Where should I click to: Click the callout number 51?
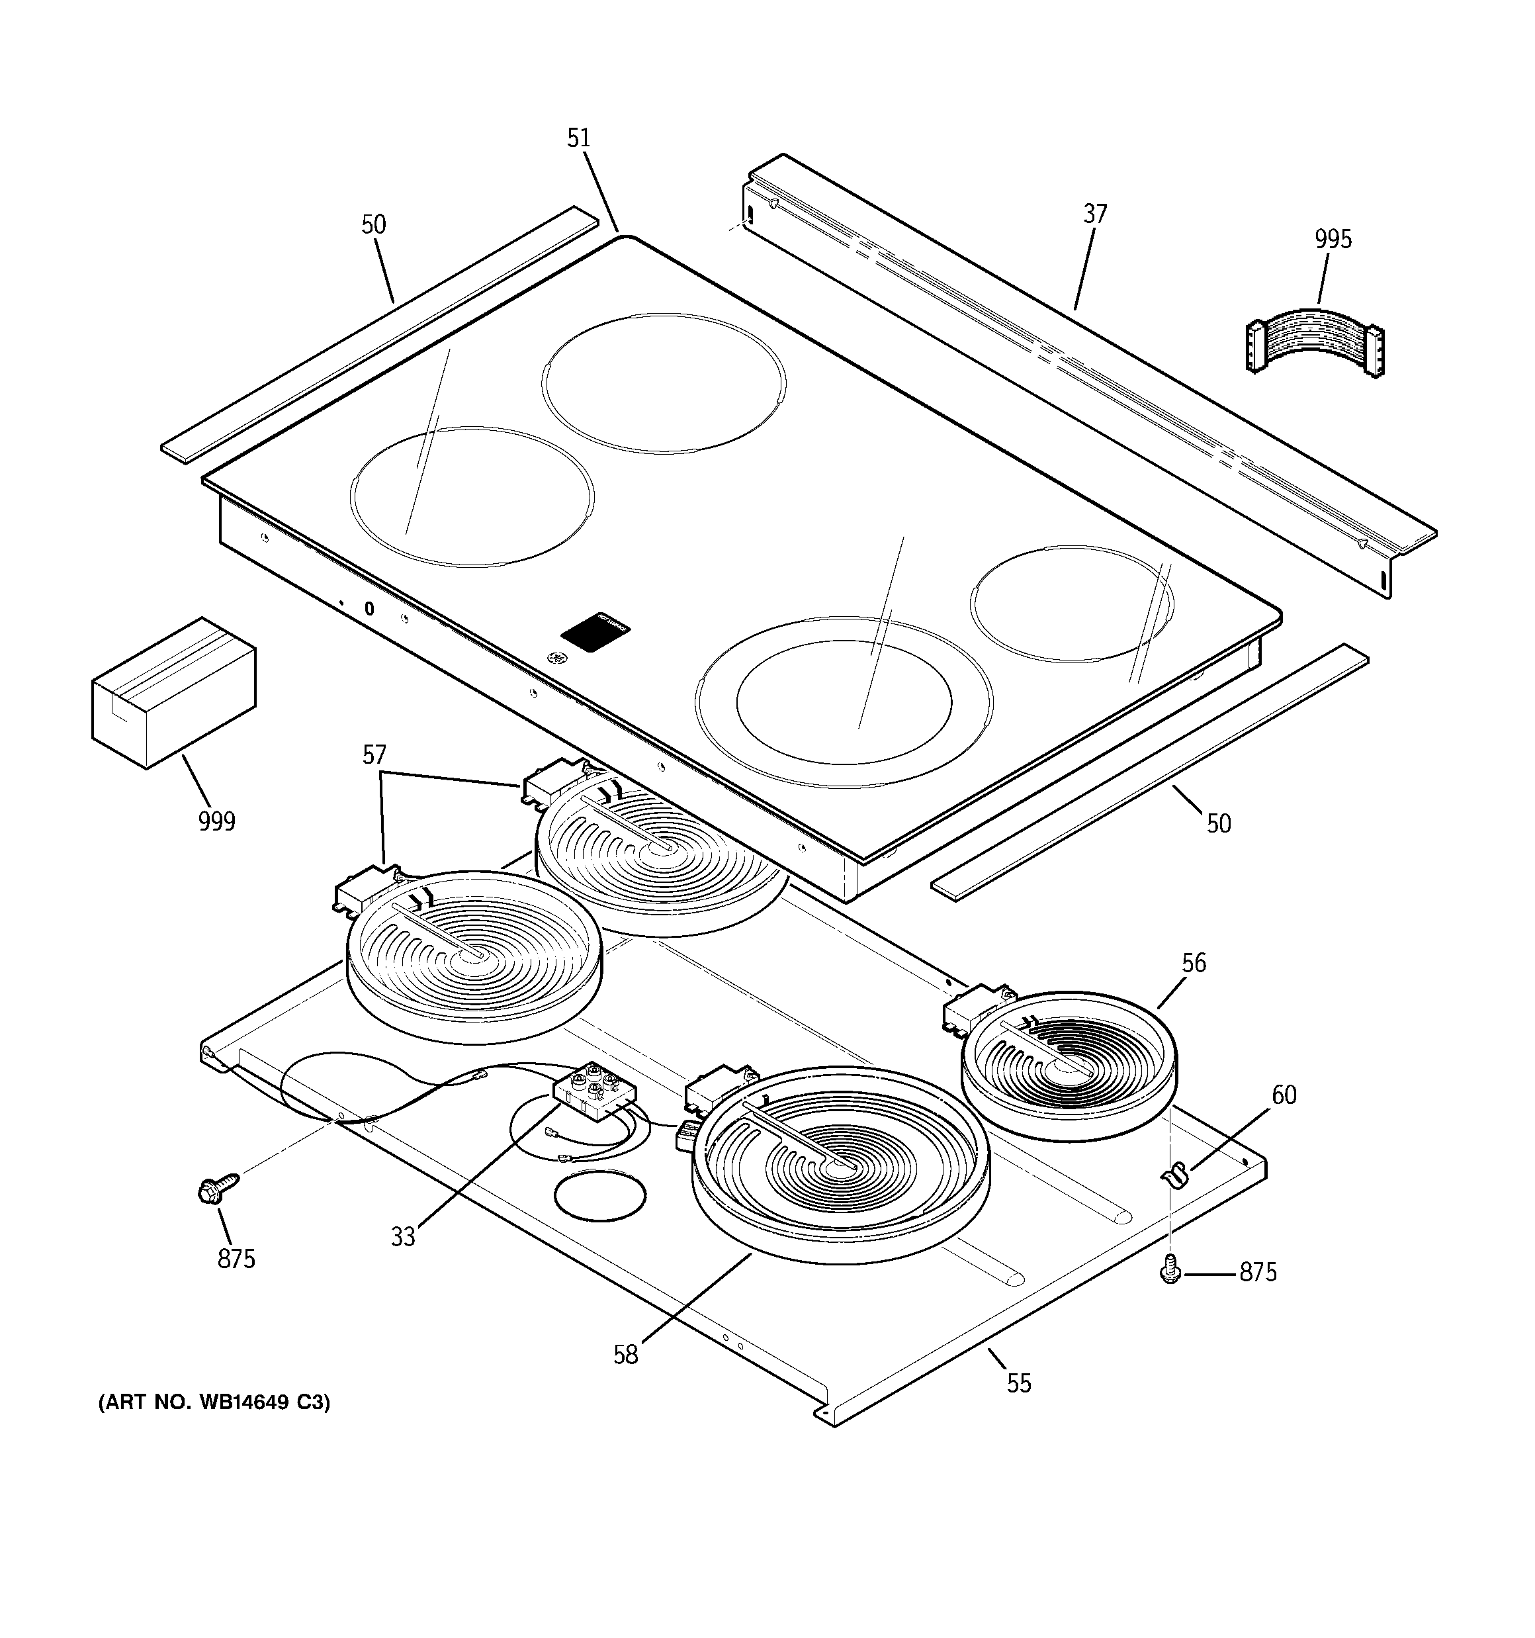(578, 138)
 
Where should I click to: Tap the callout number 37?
(1094, 214)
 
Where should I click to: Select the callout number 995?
(1333, 240)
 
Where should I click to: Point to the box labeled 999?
(174, 693)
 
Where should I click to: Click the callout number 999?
(217, 821)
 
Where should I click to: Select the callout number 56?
(1193, 962)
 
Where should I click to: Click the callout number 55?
(1018, 1383)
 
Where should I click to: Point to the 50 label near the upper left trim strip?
(373, 225)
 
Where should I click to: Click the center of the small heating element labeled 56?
(1069, 1066)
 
